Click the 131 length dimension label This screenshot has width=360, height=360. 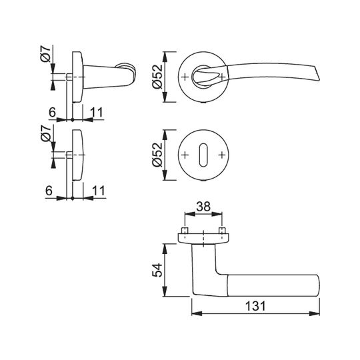point(255,306)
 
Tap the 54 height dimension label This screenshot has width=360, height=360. point(157,270)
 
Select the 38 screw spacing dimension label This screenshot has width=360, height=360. point(203,207)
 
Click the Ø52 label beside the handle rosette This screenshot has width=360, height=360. point(157,77)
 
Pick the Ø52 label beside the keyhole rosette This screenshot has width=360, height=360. point(157,155)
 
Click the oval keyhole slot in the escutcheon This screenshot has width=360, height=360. point(203,155)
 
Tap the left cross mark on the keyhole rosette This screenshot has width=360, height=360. point(185,155)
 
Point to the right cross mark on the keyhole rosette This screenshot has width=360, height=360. point(222,155)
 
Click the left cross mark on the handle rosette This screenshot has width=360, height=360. point(185,77)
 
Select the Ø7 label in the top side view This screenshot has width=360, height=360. point(45,54)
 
